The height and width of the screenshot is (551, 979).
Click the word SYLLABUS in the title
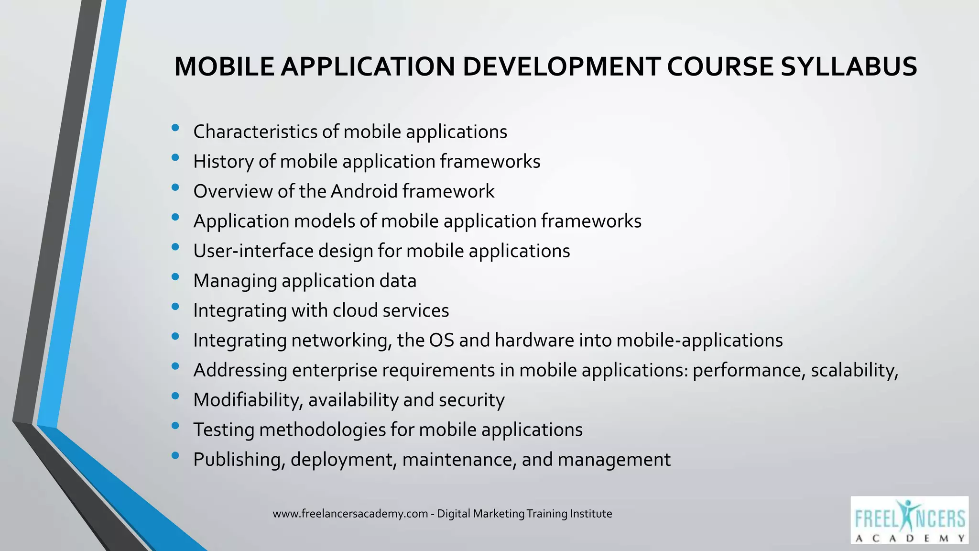(x=848, y=66)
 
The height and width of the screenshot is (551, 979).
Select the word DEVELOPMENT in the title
(x=562, y=66)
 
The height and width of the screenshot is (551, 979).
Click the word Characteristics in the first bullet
(x=255, y=132)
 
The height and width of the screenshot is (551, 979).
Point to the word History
(x=223, y=162)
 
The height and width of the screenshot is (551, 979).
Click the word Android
(x=364, y=191)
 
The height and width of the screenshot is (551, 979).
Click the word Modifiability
(x=248, y=400)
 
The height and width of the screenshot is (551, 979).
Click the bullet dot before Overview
(x=175, y=187)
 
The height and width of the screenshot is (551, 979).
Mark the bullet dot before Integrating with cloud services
(x=175, y=307)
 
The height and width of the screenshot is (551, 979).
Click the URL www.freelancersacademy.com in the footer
(x=350, y=514)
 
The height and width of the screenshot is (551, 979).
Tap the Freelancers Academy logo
(x=909, y=520)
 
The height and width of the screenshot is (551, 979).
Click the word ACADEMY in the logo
(x=909, y=538)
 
